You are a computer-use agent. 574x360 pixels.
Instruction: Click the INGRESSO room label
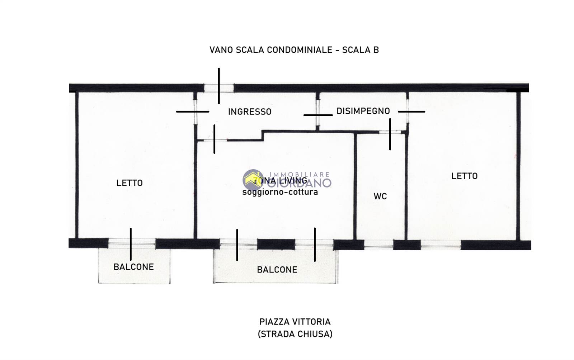(250, 112)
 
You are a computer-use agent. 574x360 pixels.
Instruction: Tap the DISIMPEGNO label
(363, 111)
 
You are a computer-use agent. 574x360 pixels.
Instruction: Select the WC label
(380, 196)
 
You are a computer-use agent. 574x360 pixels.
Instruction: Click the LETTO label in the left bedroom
(130, 183)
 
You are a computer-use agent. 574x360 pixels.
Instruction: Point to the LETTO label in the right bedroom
(464, 176)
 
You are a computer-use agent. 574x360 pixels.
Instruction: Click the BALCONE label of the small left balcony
(133, 267)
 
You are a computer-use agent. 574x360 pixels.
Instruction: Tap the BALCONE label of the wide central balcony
(277, 270)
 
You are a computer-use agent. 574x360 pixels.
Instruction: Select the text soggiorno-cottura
(280, 192)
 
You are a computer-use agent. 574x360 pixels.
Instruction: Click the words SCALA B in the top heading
(360, 50)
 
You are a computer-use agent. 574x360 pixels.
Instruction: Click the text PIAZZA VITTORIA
(295, 322)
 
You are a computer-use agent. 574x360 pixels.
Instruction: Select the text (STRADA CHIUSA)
(295, 334)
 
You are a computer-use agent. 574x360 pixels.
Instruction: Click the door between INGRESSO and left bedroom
(195, 112)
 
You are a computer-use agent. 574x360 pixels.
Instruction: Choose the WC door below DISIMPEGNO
(390, 132)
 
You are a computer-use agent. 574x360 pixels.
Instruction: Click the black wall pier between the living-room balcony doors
(276, 245)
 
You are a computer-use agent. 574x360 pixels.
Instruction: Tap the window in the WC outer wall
(379, 245)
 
